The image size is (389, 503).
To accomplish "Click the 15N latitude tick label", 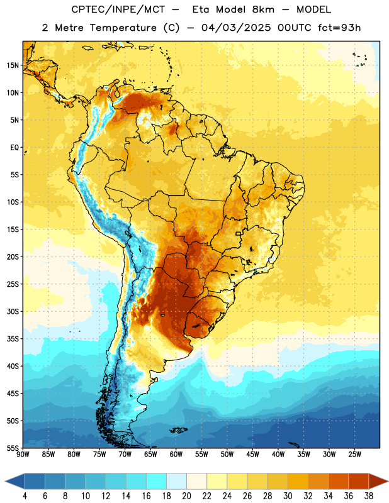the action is (13, 65).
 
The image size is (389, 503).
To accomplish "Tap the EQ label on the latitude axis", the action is (14, 148).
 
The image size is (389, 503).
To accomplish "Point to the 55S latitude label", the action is (13, 448).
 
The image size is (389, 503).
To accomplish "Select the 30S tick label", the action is (13, 311).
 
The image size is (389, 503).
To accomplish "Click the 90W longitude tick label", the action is (23, 455).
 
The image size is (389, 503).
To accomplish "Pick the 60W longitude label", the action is (176, 455).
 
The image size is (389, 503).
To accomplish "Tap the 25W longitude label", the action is (354, 455).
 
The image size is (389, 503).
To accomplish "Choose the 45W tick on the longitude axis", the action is (252, 455).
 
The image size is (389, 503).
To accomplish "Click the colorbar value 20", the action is (186, 496).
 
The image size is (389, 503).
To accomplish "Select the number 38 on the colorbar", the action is (369, 496).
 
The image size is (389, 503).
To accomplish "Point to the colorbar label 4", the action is (25, 496).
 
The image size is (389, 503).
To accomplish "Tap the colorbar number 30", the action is (288, 496).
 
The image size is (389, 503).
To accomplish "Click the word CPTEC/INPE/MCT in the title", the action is (118, 9).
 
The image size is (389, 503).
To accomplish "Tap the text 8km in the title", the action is (263, 9).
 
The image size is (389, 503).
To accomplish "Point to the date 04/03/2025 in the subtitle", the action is (236, 28).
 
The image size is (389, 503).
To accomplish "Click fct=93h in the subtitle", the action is (339, 28).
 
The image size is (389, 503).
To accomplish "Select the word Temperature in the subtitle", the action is (123, 28).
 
